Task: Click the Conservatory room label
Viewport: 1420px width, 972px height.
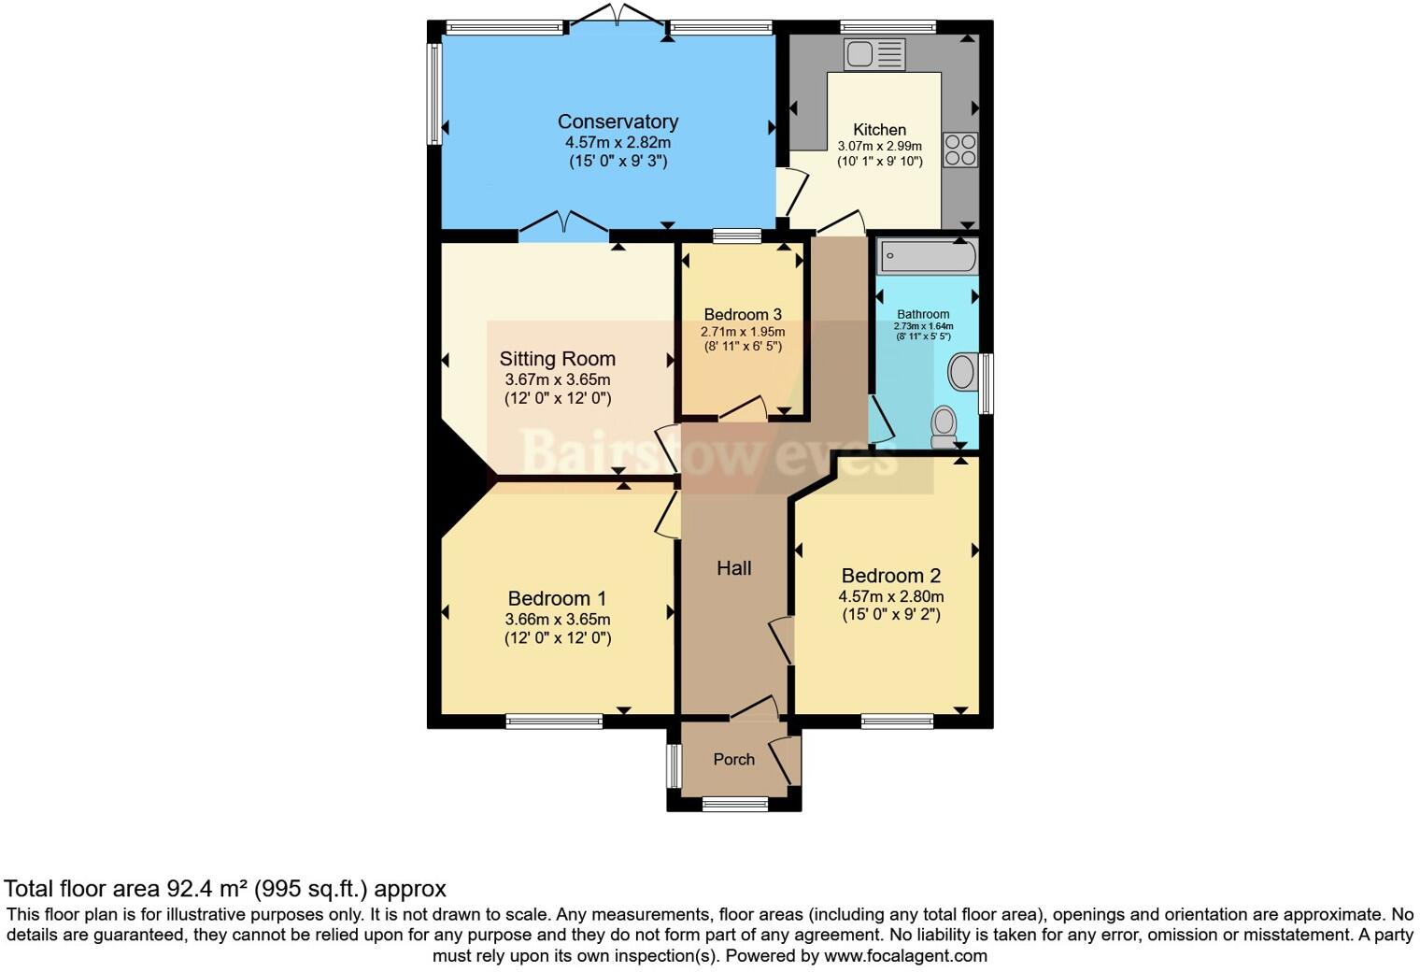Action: pyautogui.click(x=618, y=121)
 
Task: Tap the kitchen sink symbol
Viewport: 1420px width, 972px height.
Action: pyautogui.click(x=873, y=54)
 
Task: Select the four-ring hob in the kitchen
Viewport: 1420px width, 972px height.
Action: pyautogui.click(x=959, y=150)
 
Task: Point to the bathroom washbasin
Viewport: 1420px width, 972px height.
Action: pyautogui.click(x=961, y=371)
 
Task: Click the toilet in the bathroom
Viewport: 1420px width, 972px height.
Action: pyautogui.click(x=944, y=426)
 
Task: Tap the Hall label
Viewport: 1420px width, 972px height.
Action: pyautogui.click(x=733, y=568)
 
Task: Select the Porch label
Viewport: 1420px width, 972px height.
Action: pyautogui.click(x=733, y=759)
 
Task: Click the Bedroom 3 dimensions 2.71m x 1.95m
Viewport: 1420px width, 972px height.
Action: pyautogui.click(x=743, y=332)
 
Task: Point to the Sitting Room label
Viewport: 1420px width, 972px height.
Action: pyautogui.click(x=557, y=359)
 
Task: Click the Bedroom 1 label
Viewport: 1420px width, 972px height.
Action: pyautogui.click(x=557, y=598)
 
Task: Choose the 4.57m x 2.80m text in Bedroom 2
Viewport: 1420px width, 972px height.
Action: pyautogui.click(x=890, y=596)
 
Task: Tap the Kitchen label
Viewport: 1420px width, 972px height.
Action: pyautogui.click(x=879, y=130)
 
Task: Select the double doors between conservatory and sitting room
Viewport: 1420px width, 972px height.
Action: pyautogui.click(x=563, y=224)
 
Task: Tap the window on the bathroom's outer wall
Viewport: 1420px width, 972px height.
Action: pyautogui.click(x=985, y=383)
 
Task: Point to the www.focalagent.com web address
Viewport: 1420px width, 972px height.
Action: pyautogui.click(x=905, y=956)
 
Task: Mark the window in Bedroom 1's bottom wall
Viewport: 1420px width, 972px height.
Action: pyautogui.click(x=554, y=721)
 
